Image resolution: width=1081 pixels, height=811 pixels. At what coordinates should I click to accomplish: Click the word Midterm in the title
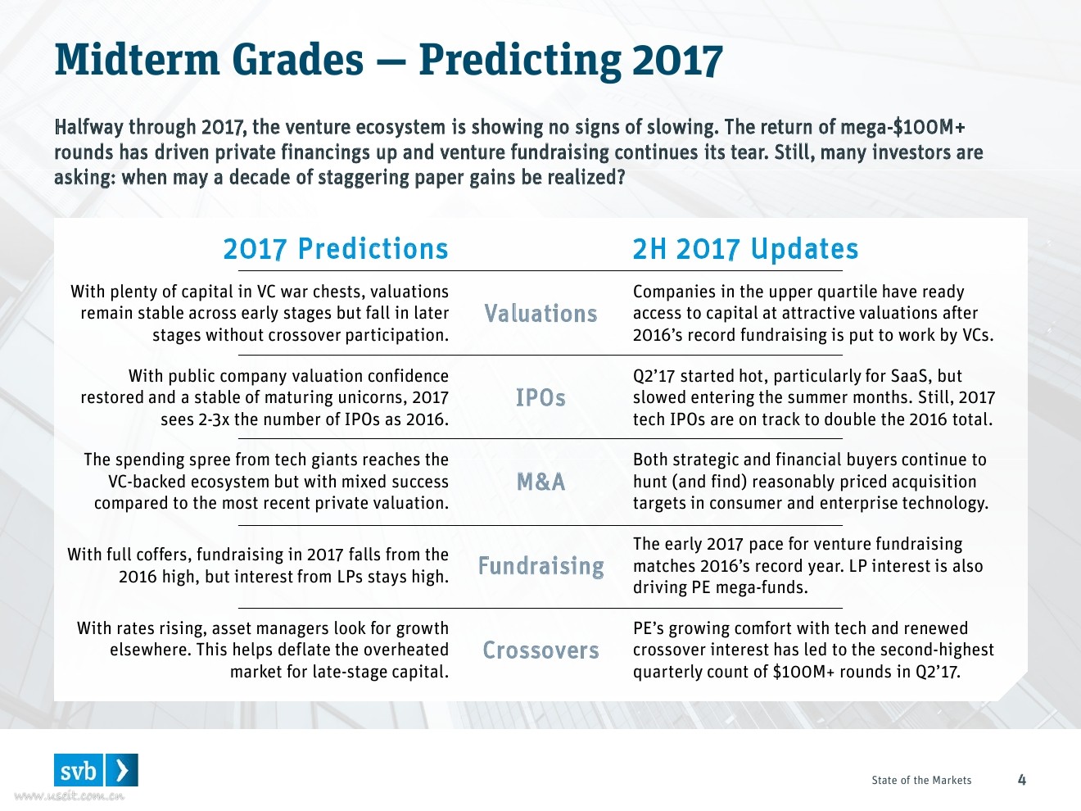pyautogui.click(x=137, y=60)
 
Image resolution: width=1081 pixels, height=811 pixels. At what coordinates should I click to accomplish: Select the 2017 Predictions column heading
pyautogui.click(x=336, y=249)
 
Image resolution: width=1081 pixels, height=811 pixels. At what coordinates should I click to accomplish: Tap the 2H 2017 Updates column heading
pyautogui.click(x=745, y=249)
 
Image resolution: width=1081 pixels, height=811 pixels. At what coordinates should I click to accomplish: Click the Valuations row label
pyautogui.click(x=540, y=313)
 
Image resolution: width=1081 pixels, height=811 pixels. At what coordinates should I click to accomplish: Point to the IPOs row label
pyautogui.click(x=540, y=397)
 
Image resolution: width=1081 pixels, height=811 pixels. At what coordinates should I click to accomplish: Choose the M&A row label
pyautogui.click(x=540, y=482)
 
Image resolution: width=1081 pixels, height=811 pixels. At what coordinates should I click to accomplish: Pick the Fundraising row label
pyautogui.click(x=540, y=566)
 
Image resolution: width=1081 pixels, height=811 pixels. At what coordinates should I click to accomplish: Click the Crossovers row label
pyautogui.click(x=540, y=650)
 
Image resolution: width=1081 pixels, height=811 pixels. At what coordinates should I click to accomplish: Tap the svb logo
pyautogui.click(x=96, y=770)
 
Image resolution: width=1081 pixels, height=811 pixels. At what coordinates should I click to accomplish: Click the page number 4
pyautogui.click(x=1021, y=780)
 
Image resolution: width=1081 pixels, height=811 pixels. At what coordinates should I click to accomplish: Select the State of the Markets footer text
pyautogui.click(x=921, y=781)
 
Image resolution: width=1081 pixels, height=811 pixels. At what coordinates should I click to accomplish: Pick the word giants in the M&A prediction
pyautogui.click(x=328, y=460)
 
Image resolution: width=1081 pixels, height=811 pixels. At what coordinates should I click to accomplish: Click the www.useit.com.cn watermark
pyautogui.click(x=69, y=796)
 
